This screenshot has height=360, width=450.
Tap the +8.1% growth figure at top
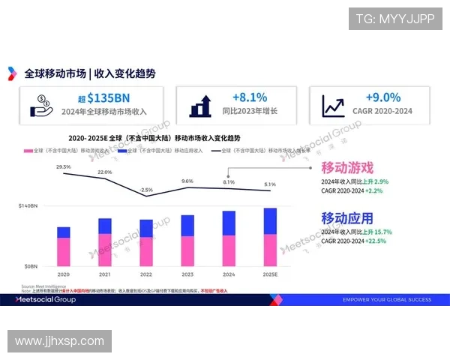(x=250, y=97)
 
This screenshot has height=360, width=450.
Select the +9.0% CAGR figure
(x=382, y=97)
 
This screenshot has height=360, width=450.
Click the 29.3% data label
(x=64, y=166)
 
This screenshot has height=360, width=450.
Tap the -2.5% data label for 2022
(x=146, y=190)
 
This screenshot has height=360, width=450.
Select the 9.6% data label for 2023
(x=187, y=181)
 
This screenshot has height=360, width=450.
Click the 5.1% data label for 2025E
(x=269, y=184)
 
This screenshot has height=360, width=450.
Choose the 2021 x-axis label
(x=105, y=274)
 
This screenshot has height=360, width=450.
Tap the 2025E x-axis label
(x=269, y=274)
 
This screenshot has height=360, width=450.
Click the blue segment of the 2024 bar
(x=229, y=222)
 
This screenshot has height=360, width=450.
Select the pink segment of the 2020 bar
(x=64, y=251)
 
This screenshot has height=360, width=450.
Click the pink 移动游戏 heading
(x=347, y=167)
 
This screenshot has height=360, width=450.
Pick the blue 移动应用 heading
(x=347, y=218)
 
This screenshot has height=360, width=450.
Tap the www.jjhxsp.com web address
(x=60, y=341)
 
